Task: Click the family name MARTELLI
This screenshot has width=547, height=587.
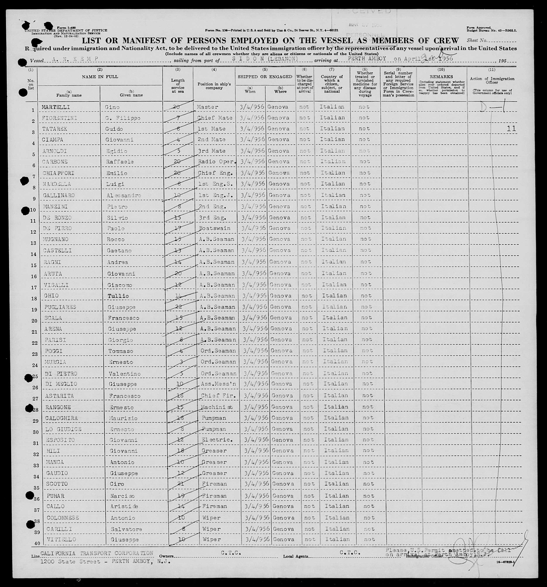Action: point(56,107)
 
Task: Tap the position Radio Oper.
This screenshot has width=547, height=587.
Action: point(217,161)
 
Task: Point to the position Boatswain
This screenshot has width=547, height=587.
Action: point(214,228)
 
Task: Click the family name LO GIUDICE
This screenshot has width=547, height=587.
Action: point(63,429)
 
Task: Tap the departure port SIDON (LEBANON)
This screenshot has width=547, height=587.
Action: point(265,59)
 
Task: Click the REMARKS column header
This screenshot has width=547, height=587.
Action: point(441,77)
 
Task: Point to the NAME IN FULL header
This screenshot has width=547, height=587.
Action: point(100,77)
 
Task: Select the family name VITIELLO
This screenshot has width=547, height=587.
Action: point(62,539)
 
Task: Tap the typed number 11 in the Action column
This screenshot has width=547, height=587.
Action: point(511,129)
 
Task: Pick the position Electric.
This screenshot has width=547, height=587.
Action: point(215,440)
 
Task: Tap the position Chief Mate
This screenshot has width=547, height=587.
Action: point(215,118)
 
